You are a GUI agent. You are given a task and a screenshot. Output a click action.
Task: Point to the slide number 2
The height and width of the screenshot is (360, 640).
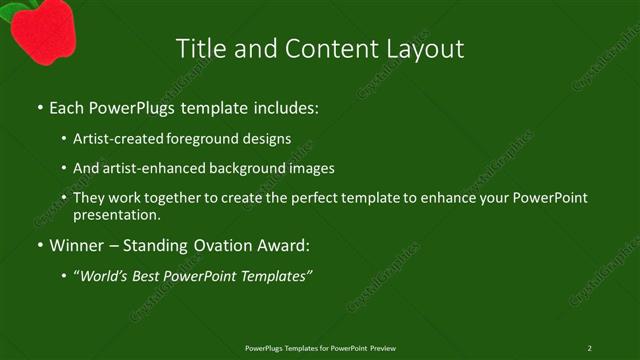tap(589, 347)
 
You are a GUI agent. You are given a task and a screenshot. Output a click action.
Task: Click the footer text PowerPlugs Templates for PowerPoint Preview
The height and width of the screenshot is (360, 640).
tap(320, 347)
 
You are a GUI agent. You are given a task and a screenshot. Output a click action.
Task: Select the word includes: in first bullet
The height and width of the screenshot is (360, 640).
tap(283, 107)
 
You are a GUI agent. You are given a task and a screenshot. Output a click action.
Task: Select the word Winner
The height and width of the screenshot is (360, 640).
tap(77, 245)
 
